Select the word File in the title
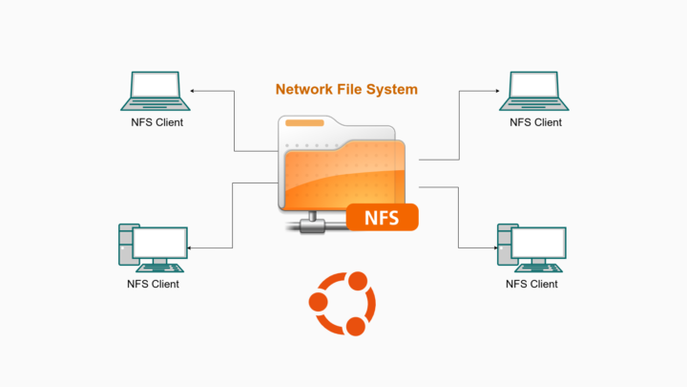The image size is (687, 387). click(353, 89)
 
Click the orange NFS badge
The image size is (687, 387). click(382, 217)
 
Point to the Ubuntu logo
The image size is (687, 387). click(342, 304)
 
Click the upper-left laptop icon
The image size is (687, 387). click(156, 91)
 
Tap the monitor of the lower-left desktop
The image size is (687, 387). click(159, 244)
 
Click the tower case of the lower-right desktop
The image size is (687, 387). click(505, 247)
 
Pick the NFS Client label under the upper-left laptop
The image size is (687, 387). click(156, 122)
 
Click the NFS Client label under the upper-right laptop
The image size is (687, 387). click(535, 122)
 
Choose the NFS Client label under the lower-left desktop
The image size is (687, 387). click(153, 284)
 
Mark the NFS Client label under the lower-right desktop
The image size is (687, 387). click(531, 284)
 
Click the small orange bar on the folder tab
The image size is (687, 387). click(303, 124)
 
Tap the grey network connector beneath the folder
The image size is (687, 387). click(311, 226)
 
